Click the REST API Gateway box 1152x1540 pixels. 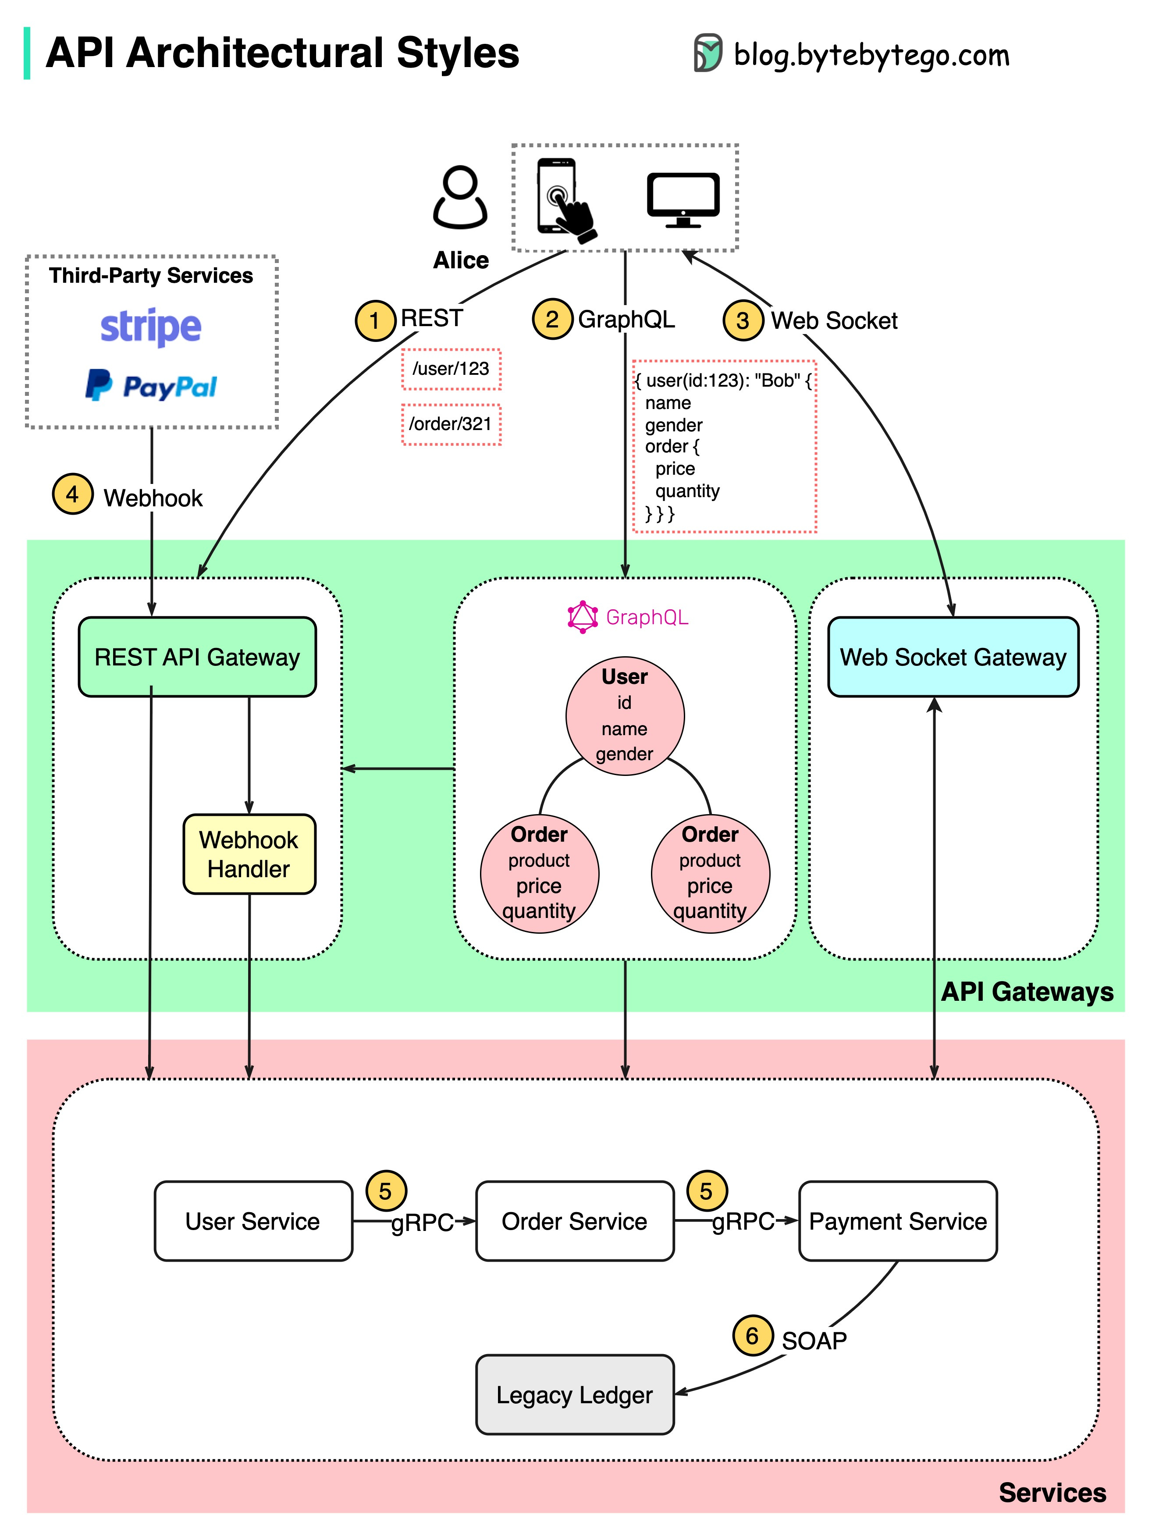pyautogui.click(x=197, y=657)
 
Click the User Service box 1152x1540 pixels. pyautogui.click(x=252, y=1220)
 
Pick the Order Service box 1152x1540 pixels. pyautogui.click(x=574, y=1220)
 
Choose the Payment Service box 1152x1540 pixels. pyautogui.click(x=897, y=1220)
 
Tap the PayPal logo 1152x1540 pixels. pyautogui.click(x=151, y=386)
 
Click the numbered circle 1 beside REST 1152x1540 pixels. pyautogui.click(x=375, y=320)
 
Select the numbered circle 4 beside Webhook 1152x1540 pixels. pyautogui.click(x=72, y=494)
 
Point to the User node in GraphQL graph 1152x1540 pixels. pyautogui.click(x=624, y=715)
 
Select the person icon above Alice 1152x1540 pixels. pyautogui.click(x=460, y=198)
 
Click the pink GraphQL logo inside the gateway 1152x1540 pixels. pyautogui.click(x=583, y=617)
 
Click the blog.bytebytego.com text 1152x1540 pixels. pyautogui.click(x=870, y=54)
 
